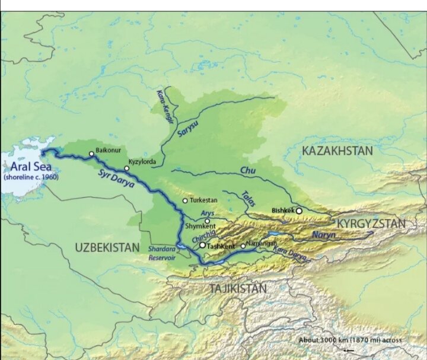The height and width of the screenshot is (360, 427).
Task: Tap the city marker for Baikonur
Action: tap(91, 154)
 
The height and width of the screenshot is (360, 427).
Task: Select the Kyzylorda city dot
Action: tap(126, 168)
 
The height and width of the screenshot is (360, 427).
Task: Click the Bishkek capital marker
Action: tap(299, 211)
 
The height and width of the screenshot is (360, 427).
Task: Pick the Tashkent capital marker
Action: tap(202, 244)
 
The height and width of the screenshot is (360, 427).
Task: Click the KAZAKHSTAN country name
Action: tap(337, 151)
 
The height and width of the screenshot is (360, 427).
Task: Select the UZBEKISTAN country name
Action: tap(107, 247)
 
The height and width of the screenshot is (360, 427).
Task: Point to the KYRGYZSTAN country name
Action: tap(371, 224)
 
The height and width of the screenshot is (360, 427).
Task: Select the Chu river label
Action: tap(247, 171)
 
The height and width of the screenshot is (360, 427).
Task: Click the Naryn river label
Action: tap(324, 235)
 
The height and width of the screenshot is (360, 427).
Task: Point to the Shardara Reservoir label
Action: tap(162, 253)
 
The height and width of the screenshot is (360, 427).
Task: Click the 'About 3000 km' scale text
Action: tap(350, 340)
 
